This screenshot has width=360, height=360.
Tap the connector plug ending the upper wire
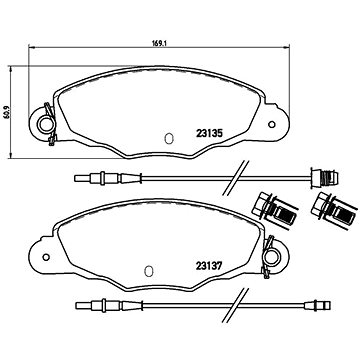pyautogui.click(x=313, y=180)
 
